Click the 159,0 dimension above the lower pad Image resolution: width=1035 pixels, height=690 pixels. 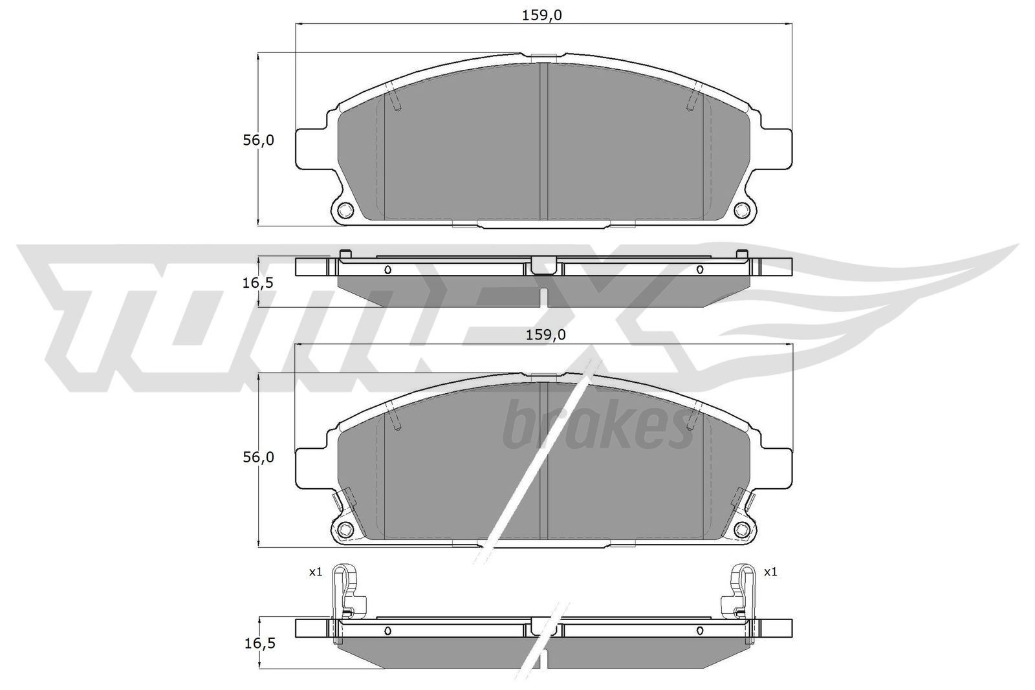[543, 334]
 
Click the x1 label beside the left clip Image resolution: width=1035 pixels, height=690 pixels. [316, 572]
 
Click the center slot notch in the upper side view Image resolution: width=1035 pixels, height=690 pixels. [544, 264]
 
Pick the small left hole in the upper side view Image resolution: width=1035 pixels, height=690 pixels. [388, 270]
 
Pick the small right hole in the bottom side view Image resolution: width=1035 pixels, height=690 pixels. [699, 631]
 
